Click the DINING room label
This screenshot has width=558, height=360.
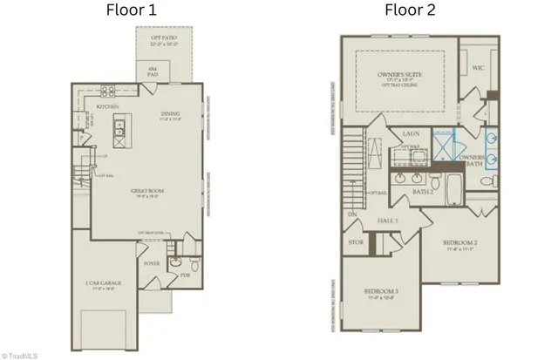coord(170,116)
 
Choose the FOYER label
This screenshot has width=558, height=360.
coord(150,259)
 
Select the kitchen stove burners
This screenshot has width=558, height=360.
coord(108,91)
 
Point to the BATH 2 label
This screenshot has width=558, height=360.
coord(422,191)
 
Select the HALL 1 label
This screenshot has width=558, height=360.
coord(388,222)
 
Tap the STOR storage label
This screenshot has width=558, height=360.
coord(355,243)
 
